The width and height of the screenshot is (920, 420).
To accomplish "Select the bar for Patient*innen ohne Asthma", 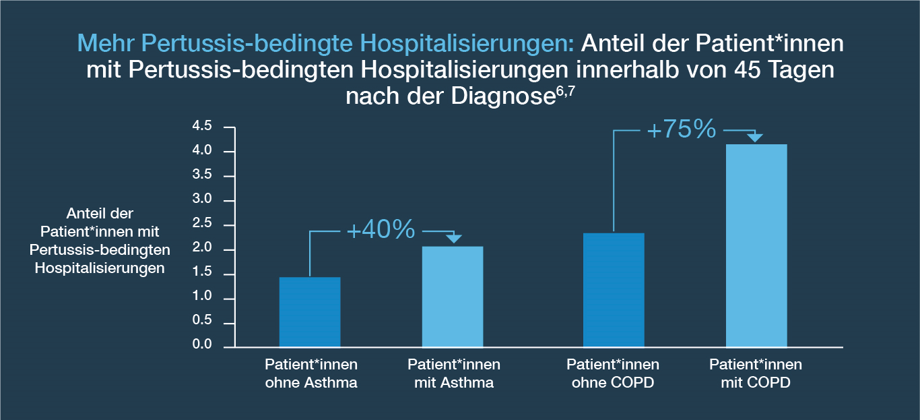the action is pyautogui.click(x=310, y=312).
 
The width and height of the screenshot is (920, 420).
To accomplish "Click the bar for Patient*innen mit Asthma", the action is pyautogui.click(x=453, y=297).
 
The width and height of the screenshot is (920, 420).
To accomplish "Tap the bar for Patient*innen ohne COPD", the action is pyautogui.click(x=614, y=290).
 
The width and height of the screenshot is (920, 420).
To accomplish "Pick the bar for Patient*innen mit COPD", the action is pyautogui.click(x=756, y=246).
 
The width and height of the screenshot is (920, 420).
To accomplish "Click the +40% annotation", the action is pyautogui.click(x=381, y=229).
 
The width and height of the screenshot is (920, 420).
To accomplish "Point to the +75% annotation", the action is pyautogui.click(x=682, y=129).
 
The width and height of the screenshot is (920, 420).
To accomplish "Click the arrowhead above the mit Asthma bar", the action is pyautogui.click(x=454, y=239).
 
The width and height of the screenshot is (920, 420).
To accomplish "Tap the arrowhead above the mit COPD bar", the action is pyautogui.click(x=755, y=138).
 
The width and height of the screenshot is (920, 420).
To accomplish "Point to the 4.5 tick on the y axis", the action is pyautogui.click(x=202, y=126).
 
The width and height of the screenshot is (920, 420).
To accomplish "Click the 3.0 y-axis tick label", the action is pyautogui.click(x=202, y=199).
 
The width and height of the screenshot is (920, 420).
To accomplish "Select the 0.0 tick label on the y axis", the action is pyautogui.click(x=202, y=344).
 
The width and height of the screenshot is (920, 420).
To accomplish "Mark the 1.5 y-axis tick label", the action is pyautogui.click(x=202, y=272).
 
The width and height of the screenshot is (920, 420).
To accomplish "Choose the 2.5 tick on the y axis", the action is pyautogui.click(x=202, y=223).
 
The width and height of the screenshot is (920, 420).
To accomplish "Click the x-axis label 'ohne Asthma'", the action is pyautogui.click(x=311, y=383).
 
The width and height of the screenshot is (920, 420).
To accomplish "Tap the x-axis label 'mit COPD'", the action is pyautogui.click(x=756, y=383).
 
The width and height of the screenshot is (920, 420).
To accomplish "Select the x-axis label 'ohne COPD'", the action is pyautogui.click(x=613, y=383).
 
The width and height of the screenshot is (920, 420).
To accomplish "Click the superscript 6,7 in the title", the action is pyautogui.click(x=565, y=91).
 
